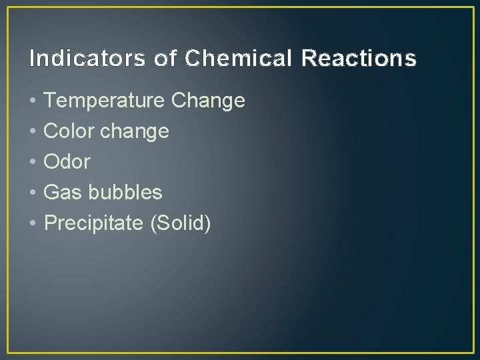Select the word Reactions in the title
click(359, 59)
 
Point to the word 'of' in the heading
click(165, 59)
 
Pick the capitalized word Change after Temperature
click(208, 101)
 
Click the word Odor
click(67, 162)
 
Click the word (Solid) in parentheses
click(181, 223)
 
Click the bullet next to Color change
click(33, 132)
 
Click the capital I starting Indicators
click(33, 59)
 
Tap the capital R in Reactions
click(309, 59)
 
